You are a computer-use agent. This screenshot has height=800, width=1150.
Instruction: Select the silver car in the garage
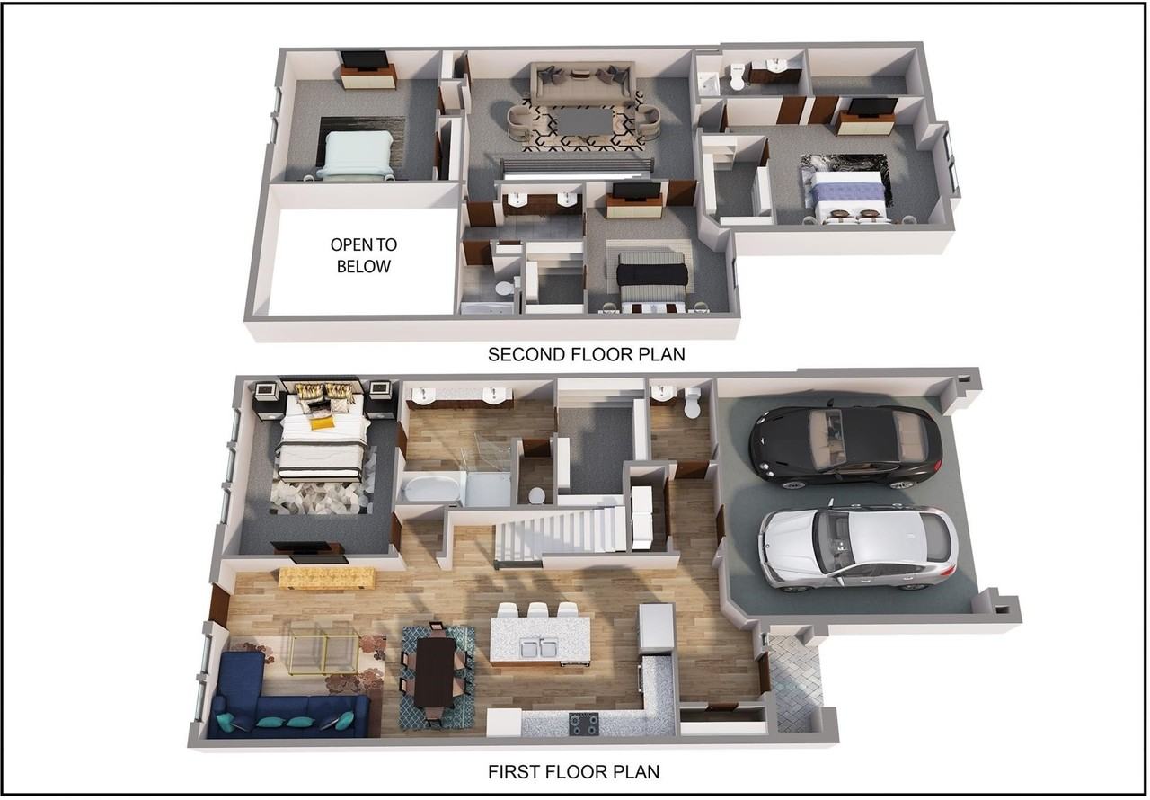(x=858, y=548)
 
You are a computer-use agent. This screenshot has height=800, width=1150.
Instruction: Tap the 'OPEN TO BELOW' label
(x=364, y=255)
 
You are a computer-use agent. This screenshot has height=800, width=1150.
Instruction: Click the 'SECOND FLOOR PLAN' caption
(x=587, y=354)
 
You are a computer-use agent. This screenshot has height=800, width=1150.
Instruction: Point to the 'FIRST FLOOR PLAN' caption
(x=573, y=772)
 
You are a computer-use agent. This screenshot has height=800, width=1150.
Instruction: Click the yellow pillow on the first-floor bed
(x=322, y=422)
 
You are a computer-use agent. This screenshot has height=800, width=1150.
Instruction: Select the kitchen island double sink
(x=539, y=648)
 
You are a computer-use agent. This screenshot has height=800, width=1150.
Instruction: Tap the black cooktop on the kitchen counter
(x=584, y=724)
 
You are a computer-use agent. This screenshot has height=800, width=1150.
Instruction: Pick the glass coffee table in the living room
(x=323, y=647)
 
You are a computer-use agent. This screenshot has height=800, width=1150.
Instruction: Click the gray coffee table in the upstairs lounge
(x=585, y=121)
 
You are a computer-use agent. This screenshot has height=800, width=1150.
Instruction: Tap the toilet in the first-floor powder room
(x=693, y=403)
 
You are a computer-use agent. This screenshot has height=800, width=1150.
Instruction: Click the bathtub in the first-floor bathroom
(x=430, y=488)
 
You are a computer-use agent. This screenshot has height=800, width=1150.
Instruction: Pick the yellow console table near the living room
(x=326, y=578)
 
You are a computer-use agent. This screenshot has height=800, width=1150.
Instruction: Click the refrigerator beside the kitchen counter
(x=656, y=628)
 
